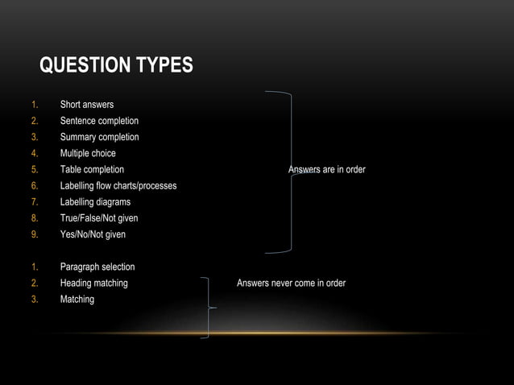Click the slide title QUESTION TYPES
click(x=116, y=64)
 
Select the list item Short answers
click(x=86, y=105)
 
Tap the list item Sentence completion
click(x=99, y=121)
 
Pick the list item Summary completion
click(x=99, y=137)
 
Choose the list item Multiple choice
click(x=88, y=153)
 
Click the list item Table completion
click(x=92, y=170)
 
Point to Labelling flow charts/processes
click(x=118, y=186)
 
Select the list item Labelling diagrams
click(x=95, y=202)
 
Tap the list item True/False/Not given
click(x=99, y=218)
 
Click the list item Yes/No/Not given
click(x=93, y=234)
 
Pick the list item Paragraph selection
click(x=97, y=267)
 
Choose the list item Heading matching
click(x=93, y=283)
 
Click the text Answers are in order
click(x=327, y=170)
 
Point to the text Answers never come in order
click(x=291, y=283)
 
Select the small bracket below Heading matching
click(x=209, y=308)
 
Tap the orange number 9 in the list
click(x=35, y=234)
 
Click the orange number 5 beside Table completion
click(x=35, y=170)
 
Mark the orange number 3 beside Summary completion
click(x=35, y=137)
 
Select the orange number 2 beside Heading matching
click(x=35, y=283)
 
